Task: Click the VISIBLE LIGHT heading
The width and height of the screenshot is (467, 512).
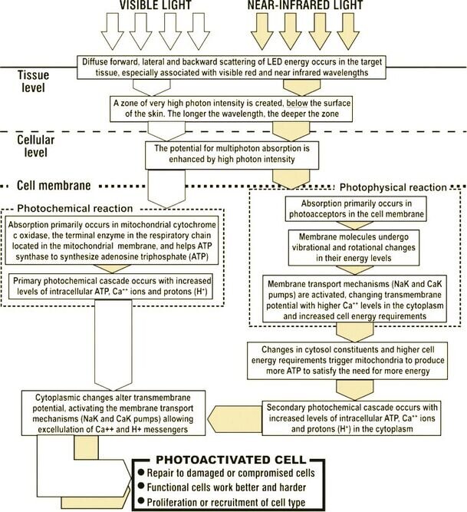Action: (x=155, y=5)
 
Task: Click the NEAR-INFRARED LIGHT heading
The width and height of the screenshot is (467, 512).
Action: (x=305, y=5)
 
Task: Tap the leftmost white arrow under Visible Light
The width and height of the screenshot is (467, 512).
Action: (x=113, y=31)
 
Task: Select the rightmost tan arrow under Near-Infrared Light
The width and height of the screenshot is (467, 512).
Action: (x=348, y=31)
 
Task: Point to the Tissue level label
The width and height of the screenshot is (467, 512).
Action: (x=33, y=81)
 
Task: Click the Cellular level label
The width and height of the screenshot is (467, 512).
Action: (x=35, y=146)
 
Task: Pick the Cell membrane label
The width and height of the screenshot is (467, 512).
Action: (x=54, y=186)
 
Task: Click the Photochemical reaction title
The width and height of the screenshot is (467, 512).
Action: (x=75, y=208)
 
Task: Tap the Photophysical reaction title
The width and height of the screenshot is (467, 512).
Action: (x=393, y=187)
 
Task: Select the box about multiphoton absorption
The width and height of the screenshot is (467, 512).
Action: (x=232, y=155)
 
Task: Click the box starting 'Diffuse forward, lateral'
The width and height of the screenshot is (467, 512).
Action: (x=232, y=68)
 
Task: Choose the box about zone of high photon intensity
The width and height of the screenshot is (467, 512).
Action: (x=232, y=109)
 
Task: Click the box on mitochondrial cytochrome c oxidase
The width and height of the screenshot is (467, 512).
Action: (x=112, y=240)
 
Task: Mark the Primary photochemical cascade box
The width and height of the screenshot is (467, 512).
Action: (x=111, y=286)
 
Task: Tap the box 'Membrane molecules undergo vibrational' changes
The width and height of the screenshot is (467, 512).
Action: (x=354, y=247)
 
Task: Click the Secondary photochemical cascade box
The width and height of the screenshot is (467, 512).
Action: (x=351, y=418)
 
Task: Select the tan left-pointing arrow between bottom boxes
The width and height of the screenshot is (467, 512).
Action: (x=235, y=418)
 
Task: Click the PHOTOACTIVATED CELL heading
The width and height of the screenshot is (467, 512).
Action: (x=231, y=460)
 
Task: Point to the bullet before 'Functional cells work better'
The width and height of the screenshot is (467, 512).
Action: (x=141, y=486)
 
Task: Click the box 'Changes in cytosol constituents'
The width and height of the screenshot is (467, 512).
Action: (x=347, y=361)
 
